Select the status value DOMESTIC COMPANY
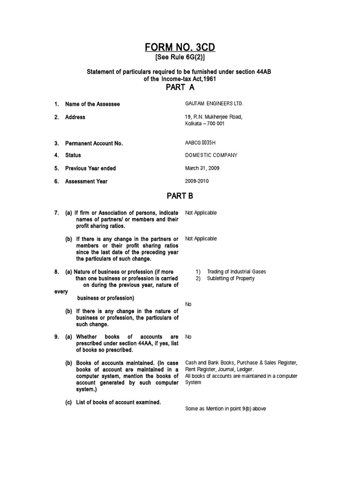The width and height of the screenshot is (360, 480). click(211, 155)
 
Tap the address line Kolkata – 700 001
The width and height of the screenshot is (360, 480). click(205, 124)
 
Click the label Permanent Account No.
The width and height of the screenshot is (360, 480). click(94, 143)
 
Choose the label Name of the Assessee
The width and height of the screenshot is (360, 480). click(92, 104)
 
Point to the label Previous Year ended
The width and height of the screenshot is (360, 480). click(90, 168)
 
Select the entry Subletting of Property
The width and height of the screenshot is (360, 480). click(231, 278)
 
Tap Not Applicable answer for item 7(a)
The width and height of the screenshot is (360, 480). click(201, 213)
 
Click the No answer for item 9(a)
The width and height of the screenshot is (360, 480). click(188, 337)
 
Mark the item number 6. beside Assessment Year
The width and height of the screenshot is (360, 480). click(56, 181)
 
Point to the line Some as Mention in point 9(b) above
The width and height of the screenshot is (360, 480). click(225, 409)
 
